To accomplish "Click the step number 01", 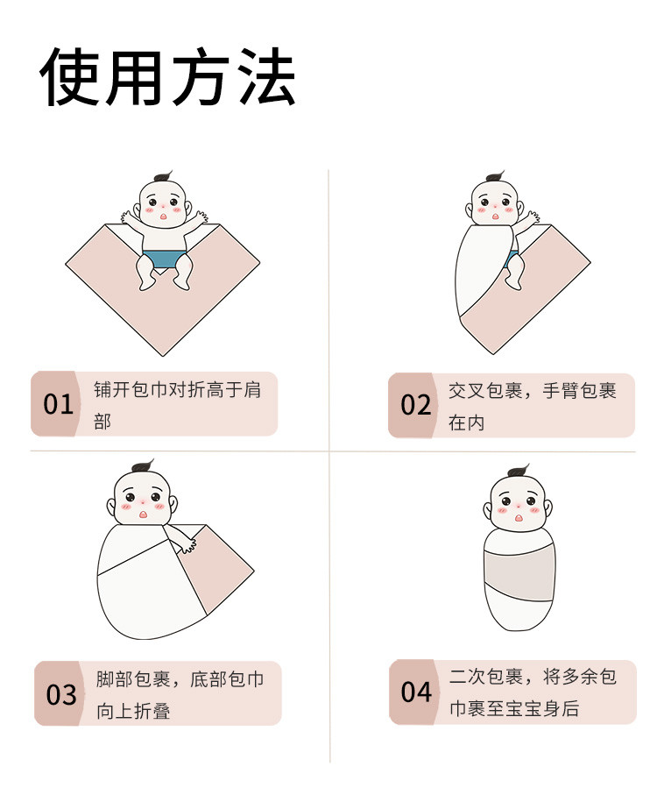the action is [x=58, y=404].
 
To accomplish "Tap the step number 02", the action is [x=415, y=405].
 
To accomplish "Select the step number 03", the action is [x=61, y=694].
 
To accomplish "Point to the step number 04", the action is [x=416, y=692].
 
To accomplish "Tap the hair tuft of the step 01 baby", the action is [x=163, y=177].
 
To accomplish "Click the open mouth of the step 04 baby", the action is [x=519, y=518].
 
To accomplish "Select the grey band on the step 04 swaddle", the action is [x=519, y=574].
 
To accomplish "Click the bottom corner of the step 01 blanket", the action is [x=163, y=355].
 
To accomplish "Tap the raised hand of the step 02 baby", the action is [x=533, y=217].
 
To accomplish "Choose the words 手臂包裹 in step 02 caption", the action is [x=580, y=391].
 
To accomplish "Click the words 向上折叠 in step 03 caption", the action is [x=133, y=711].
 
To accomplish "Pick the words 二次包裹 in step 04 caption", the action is [x=486, y=677].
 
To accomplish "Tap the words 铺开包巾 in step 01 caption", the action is [x=131, y=389].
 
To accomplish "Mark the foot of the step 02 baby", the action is [x=512, y=283].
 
